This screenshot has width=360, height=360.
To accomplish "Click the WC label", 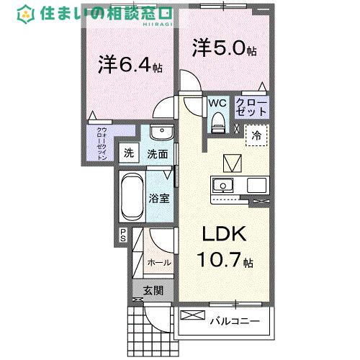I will click(217, 104).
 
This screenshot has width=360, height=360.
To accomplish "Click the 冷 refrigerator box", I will click(256, 135).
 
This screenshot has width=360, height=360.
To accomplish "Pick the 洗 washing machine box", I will click(129, 153).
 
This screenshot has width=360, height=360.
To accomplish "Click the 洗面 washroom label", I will click(158, 153).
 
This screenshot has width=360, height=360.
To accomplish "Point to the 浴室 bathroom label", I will click(159, 198).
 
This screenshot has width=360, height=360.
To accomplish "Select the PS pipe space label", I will click(123, 235).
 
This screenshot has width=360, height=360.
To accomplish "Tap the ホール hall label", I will click(159, 264).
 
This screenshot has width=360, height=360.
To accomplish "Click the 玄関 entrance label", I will click(153, 291).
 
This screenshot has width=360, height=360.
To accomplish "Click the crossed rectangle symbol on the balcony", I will click(192, 315).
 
